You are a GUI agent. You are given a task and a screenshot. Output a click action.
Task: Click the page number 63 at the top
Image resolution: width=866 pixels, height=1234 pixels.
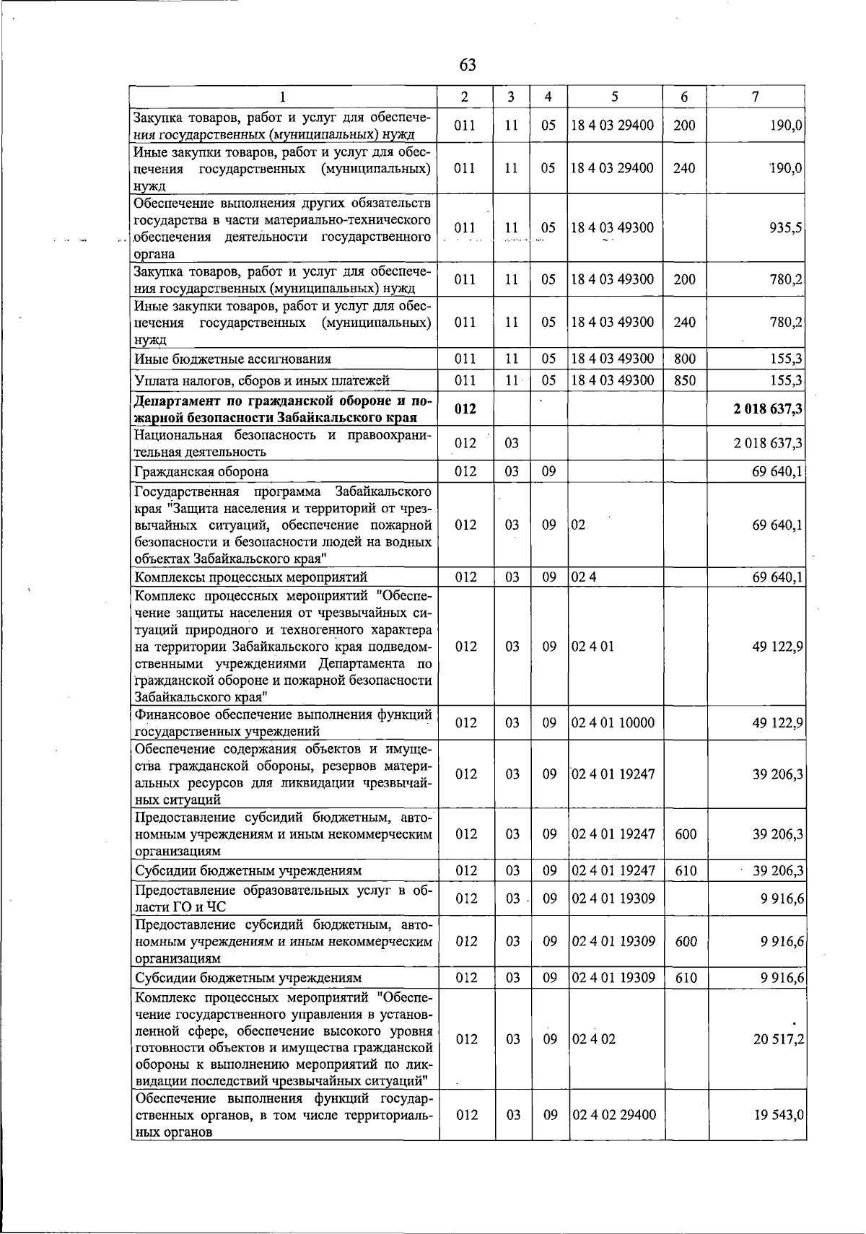coord(468,65)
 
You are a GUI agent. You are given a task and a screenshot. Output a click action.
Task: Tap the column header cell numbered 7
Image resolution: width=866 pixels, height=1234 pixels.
coord(755,97)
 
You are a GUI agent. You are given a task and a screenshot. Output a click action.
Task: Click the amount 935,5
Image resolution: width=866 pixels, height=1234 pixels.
coord(786,228)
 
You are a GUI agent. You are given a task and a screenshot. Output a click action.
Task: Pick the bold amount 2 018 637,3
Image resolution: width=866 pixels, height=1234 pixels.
coord(768,410)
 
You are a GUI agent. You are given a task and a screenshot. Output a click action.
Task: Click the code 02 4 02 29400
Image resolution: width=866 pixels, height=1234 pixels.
coord(613,1115)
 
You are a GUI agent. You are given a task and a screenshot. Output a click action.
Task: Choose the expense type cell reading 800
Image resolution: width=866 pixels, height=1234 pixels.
coord(684,359)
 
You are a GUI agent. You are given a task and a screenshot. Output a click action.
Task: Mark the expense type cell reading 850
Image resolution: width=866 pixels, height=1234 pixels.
coord(684,380)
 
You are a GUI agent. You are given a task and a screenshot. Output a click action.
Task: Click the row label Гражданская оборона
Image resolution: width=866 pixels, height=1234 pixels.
coord(201,472)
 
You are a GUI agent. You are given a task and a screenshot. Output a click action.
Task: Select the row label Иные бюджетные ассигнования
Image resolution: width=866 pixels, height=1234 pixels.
coord(233,359)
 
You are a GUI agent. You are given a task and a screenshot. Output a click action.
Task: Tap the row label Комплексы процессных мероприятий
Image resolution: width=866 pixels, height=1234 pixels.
coord(251,577)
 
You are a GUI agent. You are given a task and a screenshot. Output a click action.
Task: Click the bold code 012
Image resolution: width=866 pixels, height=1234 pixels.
coord(465,410)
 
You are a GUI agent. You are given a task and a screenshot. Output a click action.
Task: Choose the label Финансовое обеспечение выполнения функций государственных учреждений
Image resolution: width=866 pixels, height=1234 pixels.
coord(283,722)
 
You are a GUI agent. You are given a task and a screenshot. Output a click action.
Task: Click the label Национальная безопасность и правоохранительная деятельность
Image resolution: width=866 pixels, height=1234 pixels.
coord(283,443)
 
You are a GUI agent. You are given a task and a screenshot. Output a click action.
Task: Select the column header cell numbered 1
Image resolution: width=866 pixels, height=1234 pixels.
coord(284,97)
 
